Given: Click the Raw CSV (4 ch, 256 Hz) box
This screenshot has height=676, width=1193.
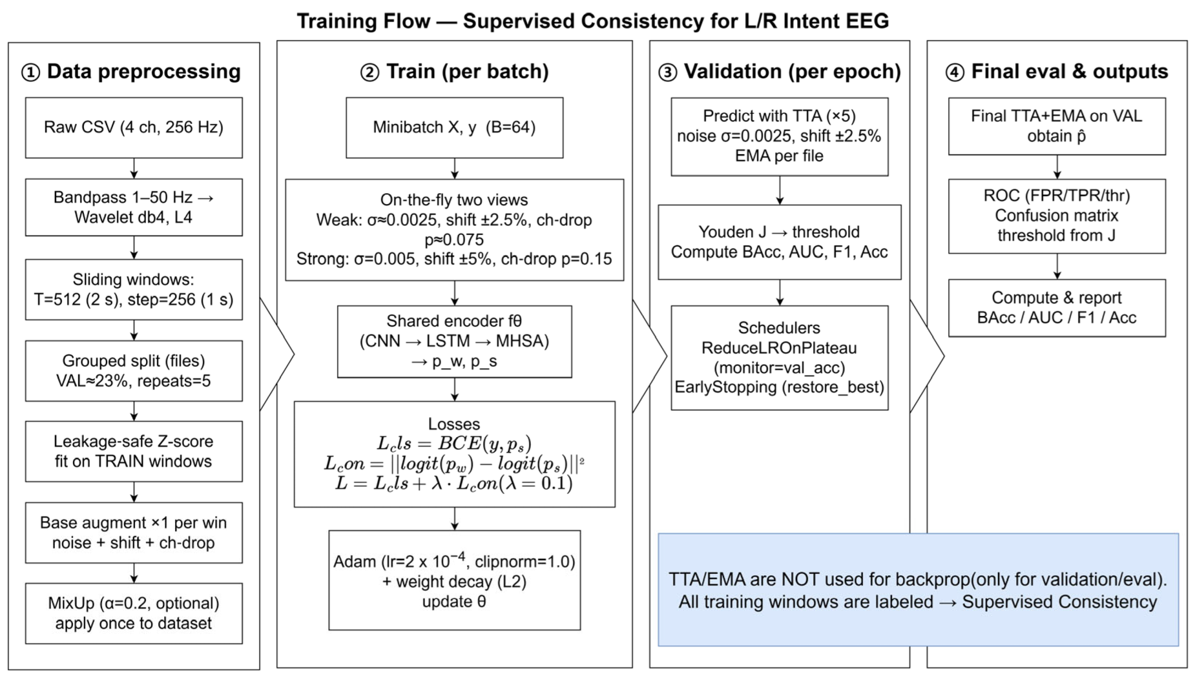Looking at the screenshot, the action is click(133, 127).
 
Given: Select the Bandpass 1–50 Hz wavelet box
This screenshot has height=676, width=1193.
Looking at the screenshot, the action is click(133, 207).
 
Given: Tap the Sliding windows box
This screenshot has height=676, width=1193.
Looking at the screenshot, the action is click(133, 289).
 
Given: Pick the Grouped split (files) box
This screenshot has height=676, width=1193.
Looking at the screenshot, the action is click(133, 370).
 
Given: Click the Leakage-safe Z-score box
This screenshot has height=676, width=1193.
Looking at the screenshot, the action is click(133, 451).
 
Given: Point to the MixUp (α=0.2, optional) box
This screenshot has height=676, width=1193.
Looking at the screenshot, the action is click(133, 613).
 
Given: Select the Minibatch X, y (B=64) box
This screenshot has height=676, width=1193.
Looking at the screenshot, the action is click(454, 127).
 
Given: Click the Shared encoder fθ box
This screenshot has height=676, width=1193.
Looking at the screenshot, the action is click(454, 341).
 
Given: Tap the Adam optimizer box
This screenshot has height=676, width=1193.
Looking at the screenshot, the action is click(454, 580).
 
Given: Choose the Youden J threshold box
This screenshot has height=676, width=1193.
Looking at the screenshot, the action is click(779, 242).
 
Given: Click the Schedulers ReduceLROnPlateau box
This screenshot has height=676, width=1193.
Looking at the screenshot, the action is click(779, 358).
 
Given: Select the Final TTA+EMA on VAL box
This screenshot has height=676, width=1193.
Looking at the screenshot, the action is click(1056, 126).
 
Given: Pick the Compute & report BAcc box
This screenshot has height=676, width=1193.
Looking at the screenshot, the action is click(1056, 307).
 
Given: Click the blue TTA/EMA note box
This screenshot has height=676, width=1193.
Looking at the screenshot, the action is click(918, 589).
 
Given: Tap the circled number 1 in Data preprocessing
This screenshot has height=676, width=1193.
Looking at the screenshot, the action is click(31, 73).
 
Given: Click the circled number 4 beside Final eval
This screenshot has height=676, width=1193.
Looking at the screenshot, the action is click(954, 73).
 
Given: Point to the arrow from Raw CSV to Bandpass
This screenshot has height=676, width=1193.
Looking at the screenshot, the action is click(134, 168).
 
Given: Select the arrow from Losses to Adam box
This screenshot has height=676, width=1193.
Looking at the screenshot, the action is click(455, 518).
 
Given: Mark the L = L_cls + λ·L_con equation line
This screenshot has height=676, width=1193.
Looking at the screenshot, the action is click(454, 484).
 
